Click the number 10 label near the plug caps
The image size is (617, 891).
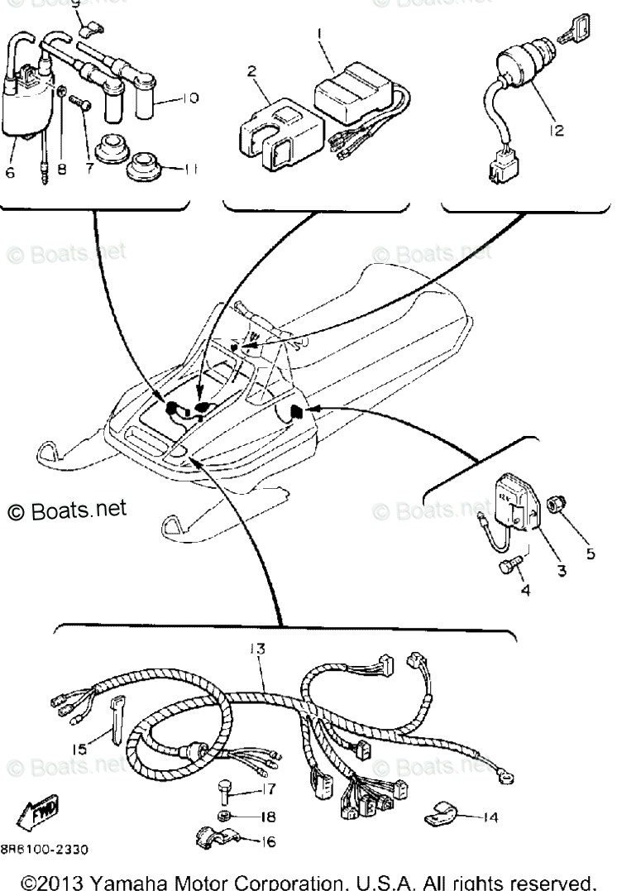(189, 98)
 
